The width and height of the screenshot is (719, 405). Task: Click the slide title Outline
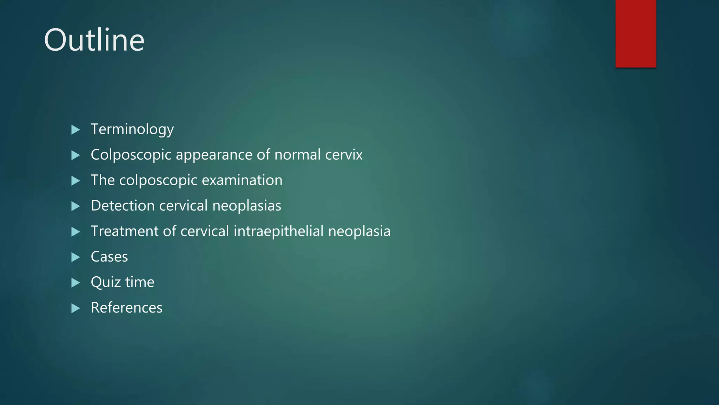pos(94,40)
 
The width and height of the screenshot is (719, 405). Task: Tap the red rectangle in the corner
pos(635,33)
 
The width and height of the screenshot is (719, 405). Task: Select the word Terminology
pos(132,129)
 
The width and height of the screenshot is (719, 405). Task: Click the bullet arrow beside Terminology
pos(75,130)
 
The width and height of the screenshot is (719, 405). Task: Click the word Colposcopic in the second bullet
pos(131,155)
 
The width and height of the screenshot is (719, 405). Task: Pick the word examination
pos(242,180)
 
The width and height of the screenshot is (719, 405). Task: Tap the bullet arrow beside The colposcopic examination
pos(75,181)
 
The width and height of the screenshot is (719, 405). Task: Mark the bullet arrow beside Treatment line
pos(75,232)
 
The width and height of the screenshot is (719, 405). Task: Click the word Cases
pos(109,257)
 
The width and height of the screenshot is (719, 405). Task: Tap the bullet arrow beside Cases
pos(75,257)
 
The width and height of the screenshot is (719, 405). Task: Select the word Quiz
pos(105,282)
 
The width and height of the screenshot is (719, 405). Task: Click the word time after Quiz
pos(140,282)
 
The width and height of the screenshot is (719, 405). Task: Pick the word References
pos(126,308)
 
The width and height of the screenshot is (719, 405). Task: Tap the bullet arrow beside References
pos(75,308)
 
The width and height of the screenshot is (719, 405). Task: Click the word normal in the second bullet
pos(297,155)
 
